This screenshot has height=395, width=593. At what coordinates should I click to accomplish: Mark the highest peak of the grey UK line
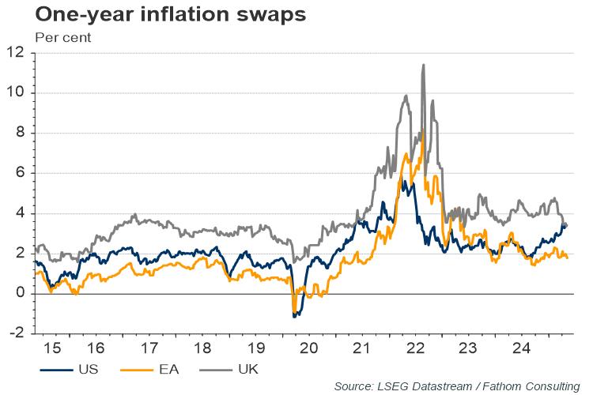[x=424, y=65]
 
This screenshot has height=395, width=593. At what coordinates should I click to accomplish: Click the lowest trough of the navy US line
[x=295, y=317]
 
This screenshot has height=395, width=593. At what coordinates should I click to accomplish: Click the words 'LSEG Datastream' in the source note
[x=419, y=386]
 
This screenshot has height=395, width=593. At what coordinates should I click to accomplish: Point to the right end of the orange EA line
[x=567, y=258]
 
